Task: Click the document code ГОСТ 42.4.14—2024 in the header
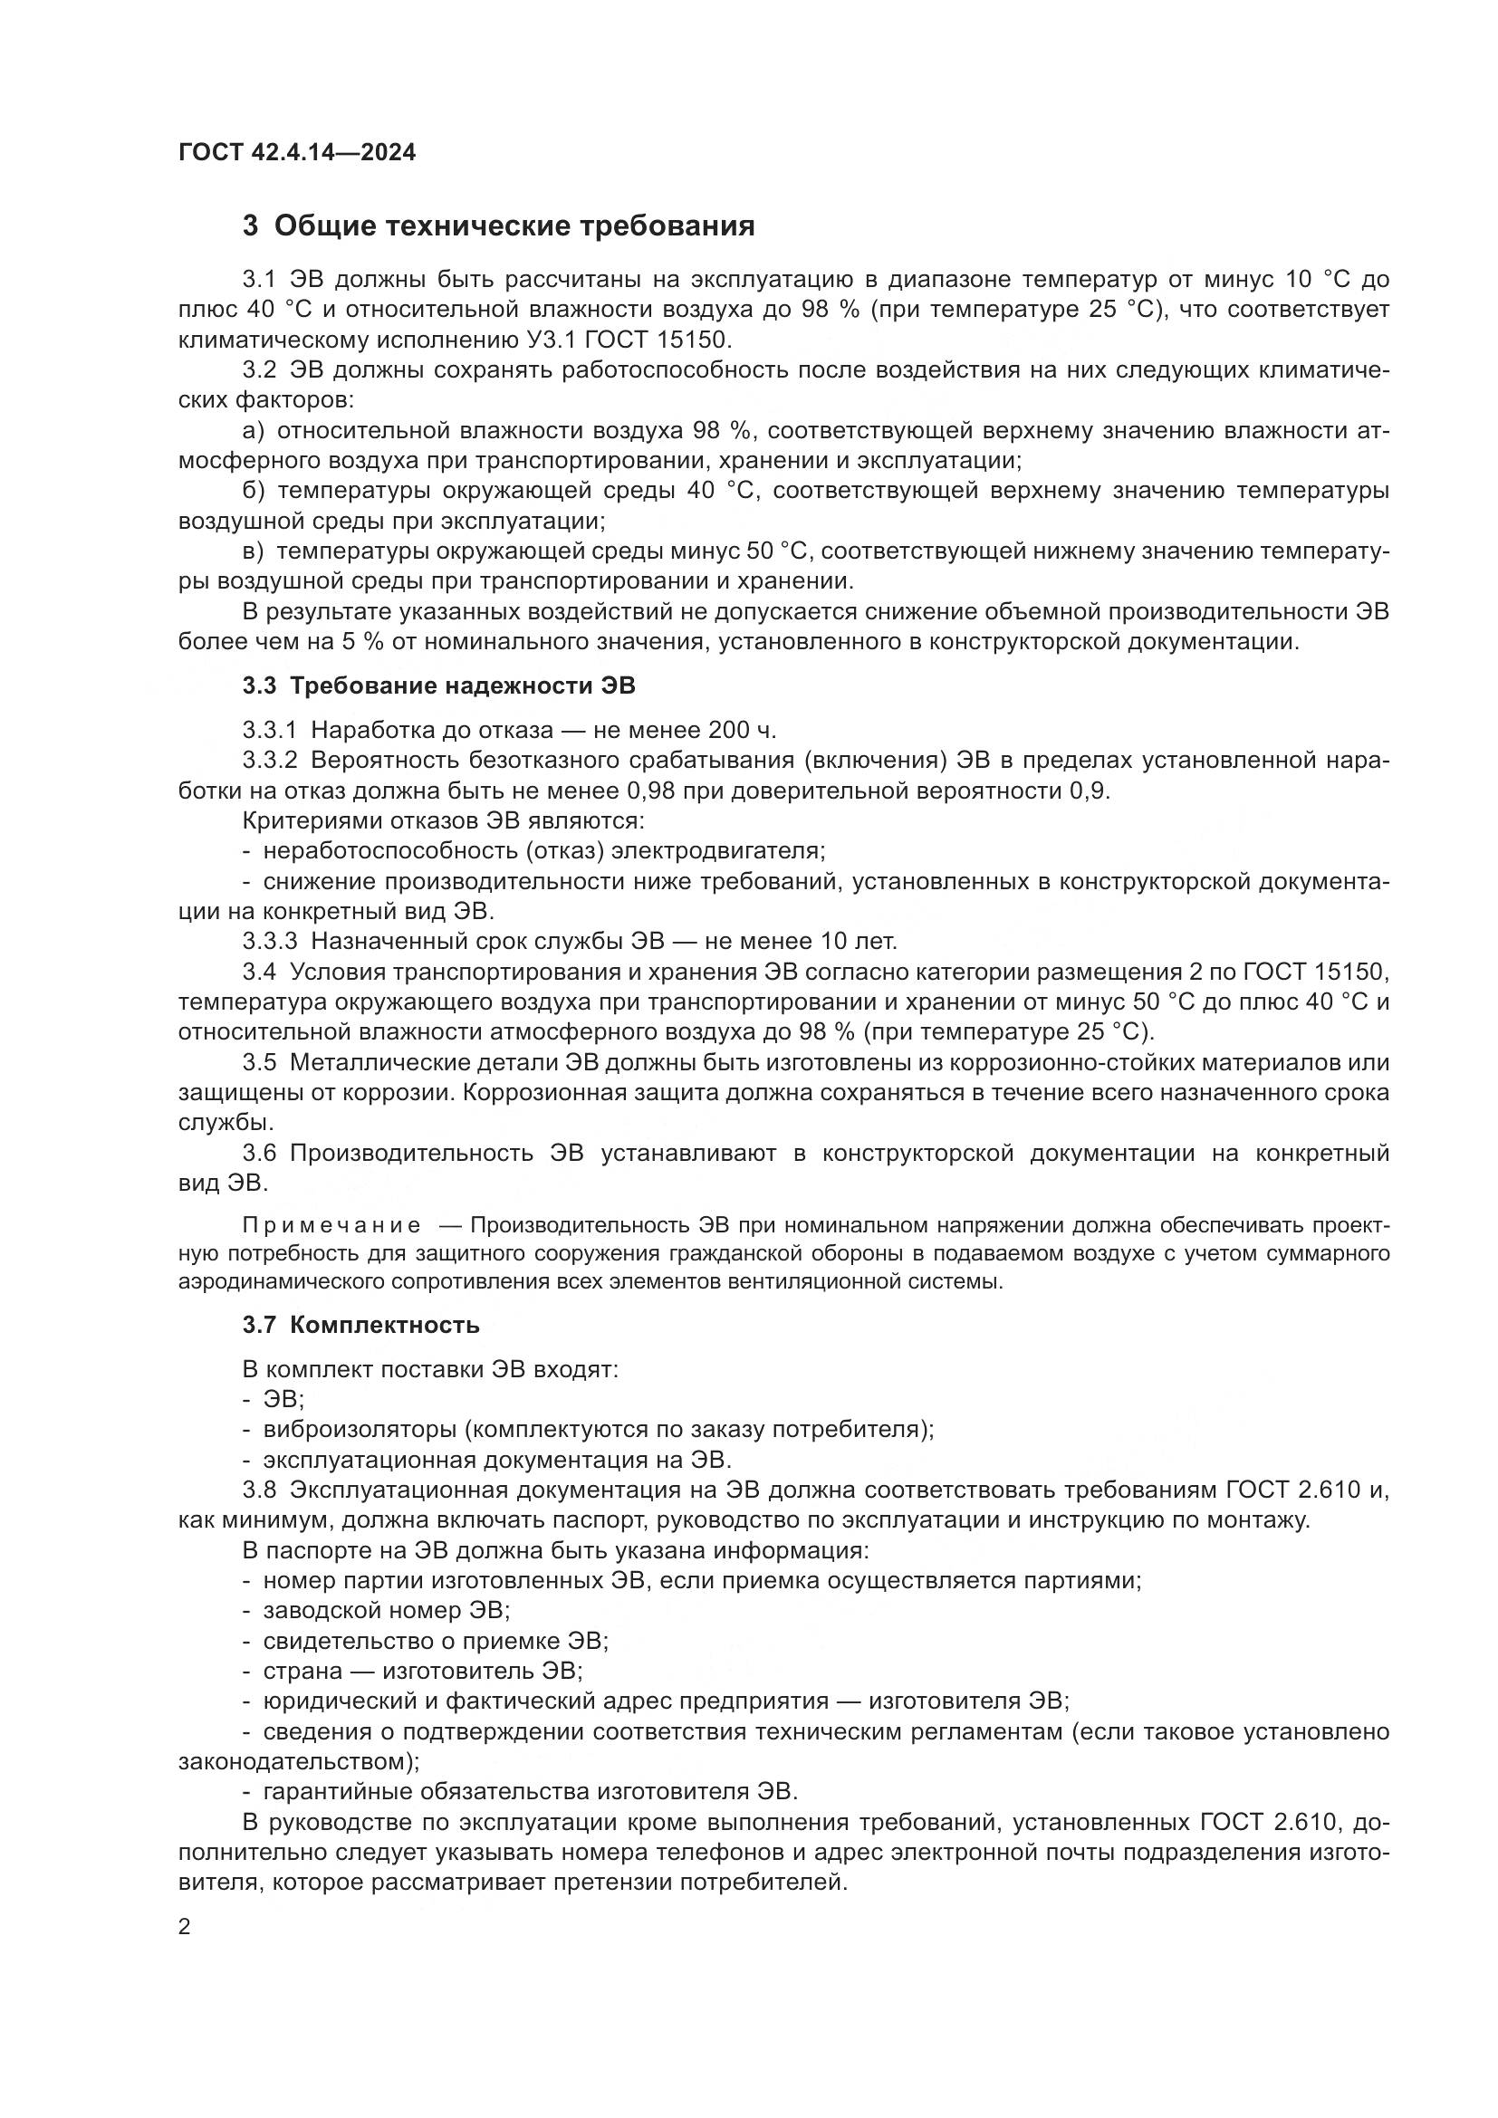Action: point(297,152)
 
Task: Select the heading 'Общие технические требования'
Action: point(514,226)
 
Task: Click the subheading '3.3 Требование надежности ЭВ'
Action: point(439,686)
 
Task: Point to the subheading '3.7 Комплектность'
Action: point(360,1326)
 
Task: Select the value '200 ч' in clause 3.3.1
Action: point(741,731)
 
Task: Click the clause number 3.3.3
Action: point(269,942)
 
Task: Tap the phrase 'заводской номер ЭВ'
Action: point(387,1611)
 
